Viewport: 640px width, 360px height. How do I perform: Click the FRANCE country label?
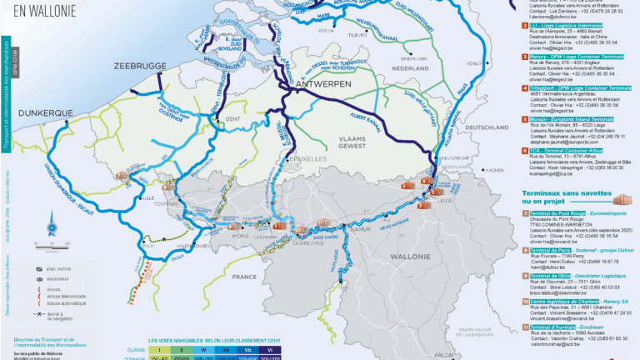tap(245, 276)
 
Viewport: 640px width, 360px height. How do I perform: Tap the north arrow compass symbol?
tap(50, 222)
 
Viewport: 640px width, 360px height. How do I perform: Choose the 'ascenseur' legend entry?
tap(59, 281)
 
